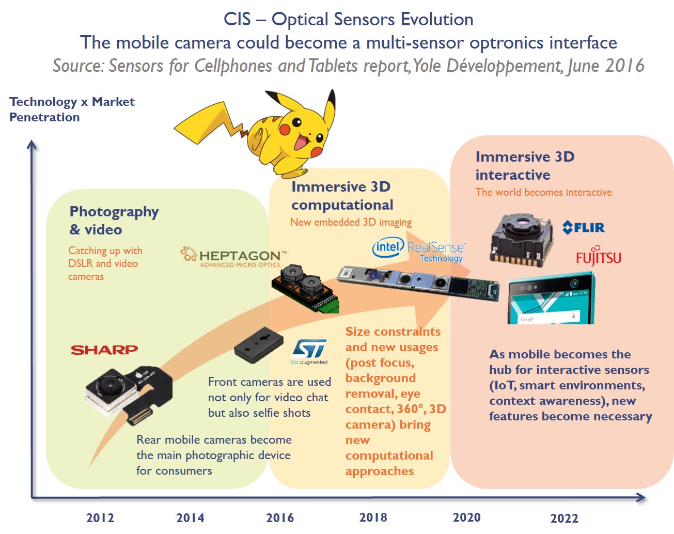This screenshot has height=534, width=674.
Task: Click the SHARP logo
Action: point(104,350)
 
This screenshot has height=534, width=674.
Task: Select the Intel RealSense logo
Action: point(418,250)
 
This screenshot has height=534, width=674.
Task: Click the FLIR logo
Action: point(583,227)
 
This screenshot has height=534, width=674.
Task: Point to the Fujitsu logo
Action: point(598,257)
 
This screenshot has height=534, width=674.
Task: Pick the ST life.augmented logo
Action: point(309,352)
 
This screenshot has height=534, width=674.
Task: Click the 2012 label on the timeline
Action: point(100,518)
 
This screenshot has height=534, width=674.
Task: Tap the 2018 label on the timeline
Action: point(373,517)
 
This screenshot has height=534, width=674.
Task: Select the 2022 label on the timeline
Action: point(564,518)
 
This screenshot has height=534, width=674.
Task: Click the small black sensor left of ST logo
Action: point(258,345)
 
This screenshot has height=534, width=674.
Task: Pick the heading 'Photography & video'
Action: point(114,220)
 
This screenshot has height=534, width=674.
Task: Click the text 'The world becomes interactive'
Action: point(543,193)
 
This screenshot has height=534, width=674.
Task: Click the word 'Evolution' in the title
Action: point(437,20)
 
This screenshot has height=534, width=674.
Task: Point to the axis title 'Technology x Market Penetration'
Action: point(72,109)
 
